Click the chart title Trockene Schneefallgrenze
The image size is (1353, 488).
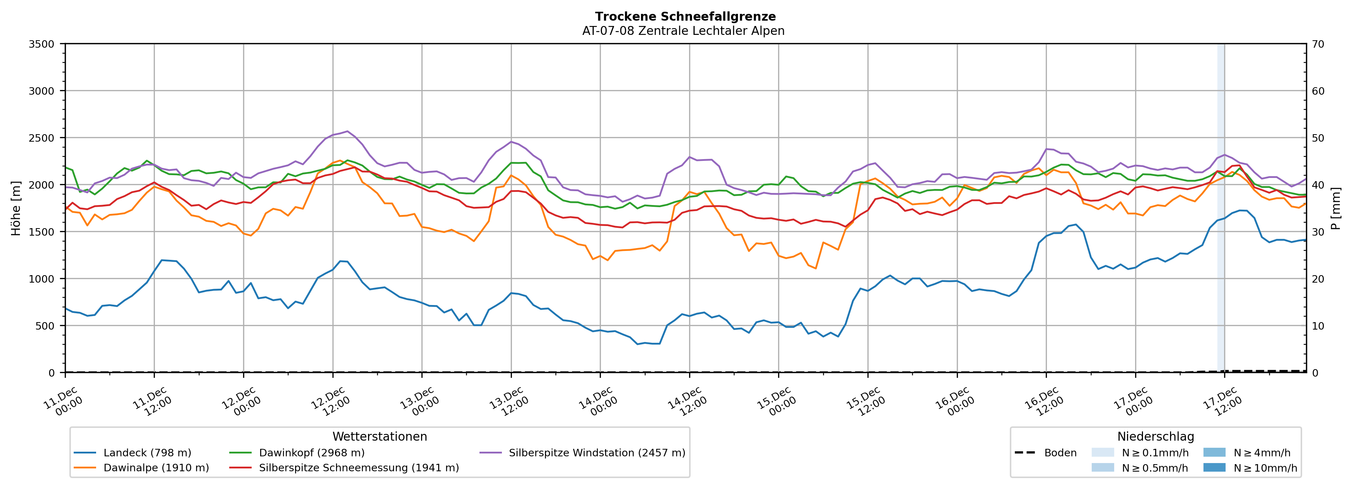[685, 16]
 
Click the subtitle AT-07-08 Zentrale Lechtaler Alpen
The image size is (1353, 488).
[683, 31]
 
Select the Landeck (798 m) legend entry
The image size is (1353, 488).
[147, 453]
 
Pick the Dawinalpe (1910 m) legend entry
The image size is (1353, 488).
[156, 467]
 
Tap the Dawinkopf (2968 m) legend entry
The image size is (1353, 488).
[311, 453]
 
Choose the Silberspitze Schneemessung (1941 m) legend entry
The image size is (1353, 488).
[359, 467]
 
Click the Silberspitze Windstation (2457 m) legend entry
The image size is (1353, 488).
[597, 453]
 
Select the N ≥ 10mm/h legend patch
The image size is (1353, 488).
[1214, 467]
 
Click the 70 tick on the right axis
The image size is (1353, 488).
[1318, 44]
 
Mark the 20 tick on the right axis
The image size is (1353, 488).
[1318, 279]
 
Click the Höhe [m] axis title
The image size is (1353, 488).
[16, 208]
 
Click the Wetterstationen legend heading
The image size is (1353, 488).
[380, 436]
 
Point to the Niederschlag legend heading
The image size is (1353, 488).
[1155, 436]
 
